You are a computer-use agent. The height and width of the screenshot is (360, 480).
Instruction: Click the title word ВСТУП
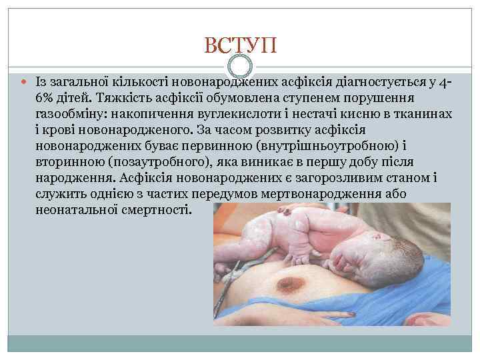pyautogui.click(x=239, y=46)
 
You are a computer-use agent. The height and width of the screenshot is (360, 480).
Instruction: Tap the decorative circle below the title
pyautogui.click(x=239, y=66)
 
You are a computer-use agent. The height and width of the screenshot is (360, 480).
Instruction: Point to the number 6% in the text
pyautogui.click(x=46, y=97)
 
